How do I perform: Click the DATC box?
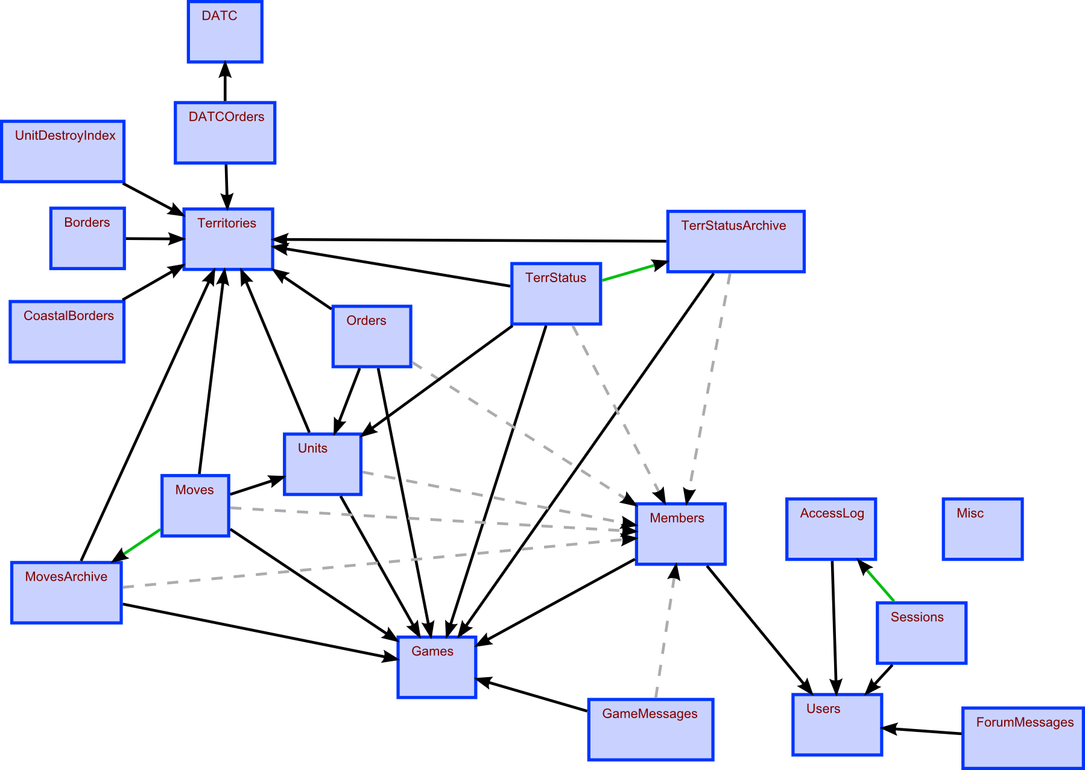225,31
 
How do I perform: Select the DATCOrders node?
225,133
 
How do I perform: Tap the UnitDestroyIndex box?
63,151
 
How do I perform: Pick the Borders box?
87,238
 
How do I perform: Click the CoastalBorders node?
67,332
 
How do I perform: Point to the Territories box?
228,239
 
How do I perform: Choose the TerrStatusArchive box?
735,241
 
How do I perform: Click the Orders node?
372,336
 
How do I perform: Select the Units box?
322,464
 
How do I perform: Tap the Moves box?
195,505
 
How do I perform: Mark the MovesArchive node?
66,592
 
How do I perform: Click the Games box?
437,667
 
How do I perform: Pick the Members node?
680,534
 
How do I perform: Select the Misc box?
982,529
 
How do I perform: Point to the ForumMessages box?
1022,738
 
